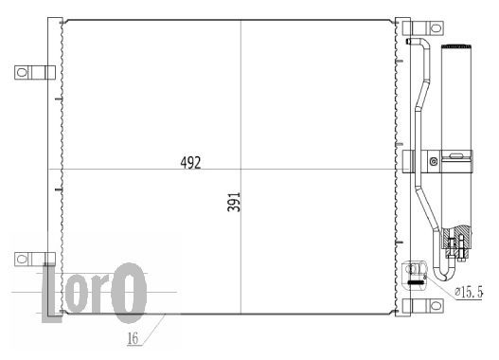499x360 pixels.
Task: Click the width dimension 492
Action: tap(190, 163)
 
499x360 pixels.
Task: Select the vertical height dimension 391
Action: tap(234, 202)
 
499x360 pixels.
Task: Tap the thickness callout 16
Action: tap(133, 338)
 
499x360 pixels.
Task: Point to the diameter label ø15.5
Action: tap(469, 292)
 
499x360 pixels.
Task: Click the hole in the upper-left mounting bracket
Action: tap(22, 72)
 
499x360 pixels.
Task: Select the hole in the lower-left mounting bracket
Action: tap(22, 259)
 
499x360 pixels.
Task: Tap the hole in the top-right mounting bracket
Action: tap(436, 28)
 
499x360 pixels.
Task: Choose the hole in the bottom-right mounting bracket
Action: tap(436, 306)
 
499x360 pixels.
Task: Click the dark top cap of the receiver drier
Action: tap(456, 46)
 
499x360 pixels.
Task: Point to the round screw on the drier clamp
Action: tap(434, 161)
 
